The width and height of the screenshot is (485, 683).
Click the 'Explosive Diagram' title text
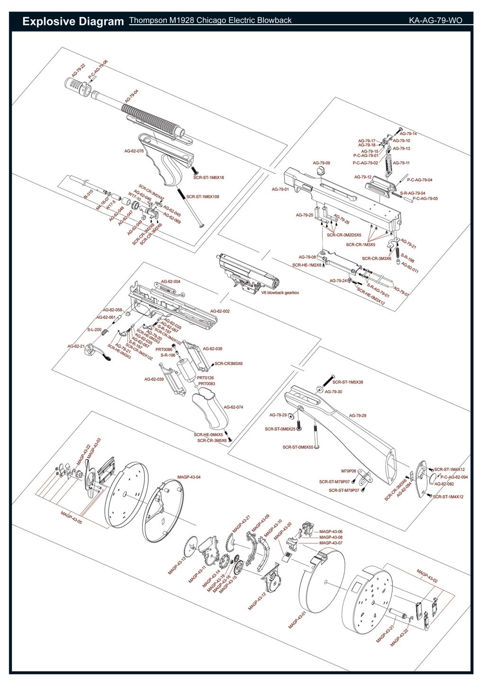click(x=73, y=21)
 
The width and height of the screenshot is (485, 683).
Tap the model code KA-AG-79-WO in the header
click(x=435, y=20)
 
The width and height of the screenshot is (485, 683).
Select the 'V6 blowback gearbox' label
click(x=280, y=293)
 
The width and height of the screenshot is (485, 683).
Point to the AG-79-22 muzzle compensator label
click(x=79, y=70)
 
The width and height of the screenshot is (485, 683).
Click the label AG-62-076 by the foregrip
click(x=134, y=151)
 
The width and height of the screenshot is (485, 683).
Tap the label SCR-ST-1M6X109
click(x=203, y=196)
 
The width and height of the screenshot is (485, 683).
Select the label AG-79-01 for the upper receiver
click(x=280, y=189)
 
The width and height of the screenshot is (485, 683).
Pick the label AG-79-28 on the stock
click(x=358, y=416)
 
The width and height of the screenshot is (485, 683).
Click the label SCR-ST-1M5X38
click(x=348, y=382)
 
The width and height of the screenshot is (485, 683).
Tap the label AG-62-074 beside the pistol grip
click(x=233, y=407)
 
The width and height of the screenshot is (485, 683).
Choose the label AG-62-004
click(x=171, y=282)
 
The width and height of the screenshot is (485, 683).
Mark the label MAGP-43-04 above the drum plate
click(x=189, y=477)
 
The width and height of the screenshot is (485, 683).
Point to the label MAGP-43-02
click(x=427, y=576)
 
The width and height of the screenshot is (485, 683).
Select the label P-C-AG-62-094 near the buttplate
click(x=454, y=477)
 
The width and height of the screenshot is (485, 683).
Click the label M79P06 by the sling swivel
click(x=349, y=471)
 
